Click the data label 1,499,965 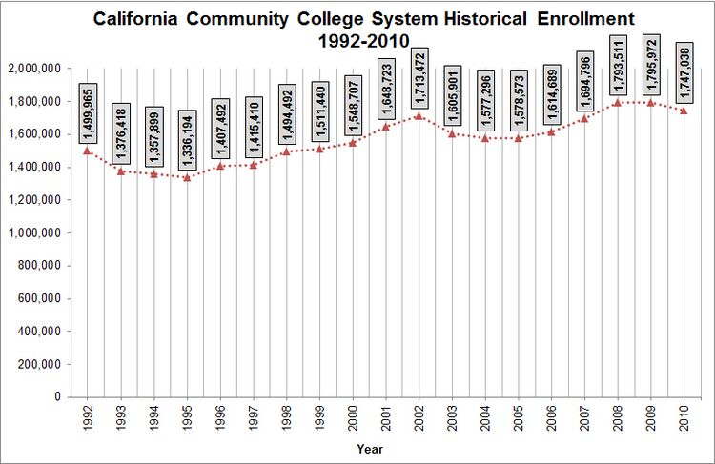click(x=88, y=113)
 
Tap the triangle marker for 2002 click(x=419, y=116)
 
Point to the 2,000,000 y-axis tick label click(x=33, y=69)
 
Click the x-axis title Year click(x=370, y=448)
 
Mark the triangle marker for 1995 click(x=187, y=177)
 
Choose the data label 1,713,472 click(x=419, y=78)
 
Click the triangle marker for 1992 click(x=88, y=151)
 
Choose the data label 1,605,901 click(x=453, y=96)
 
